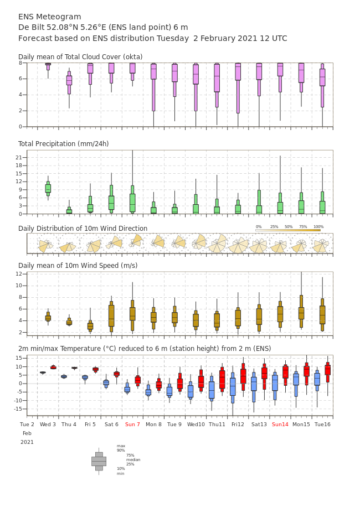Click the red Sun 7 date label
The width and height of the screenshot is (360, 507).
pyautogui.click(x=132, y=424)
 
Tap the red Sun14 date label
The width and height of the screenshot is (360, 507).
pyautogui.click(x=280, y=424)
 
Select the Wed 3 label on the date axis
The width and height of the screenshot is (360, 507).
pyautogui.click(x=48, y=424)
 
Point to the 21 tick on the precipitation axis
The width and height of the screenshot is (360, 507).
pyautogui.click(x=19, y=157)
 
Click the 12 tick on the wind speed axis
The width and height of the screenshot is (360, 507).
pyautogui.click(x=19, y=274)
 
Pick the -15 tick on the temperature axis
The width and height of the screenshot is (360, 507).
pyautogui.click(x=18, y=408)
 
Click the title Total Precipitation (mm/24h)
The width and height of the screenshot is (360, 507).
pyautogui.click(x=63, y=143)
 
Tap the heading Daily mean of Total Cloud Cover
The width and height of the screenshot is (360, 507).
pyautogui.click(x=80, y=57)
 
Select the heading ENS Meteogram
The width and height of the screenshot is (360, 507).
pyautogui.click(x=49, y=17)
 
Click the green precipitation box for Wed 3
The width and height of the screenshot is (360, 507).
pyautogui.click(x=48, y=189)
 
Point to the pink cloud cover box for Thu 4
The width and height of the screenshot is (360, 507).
pyautogui.click(x=69, y=80)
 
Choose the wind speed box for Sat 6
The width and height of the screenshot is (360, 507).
pyautogui.click(x=111, y=317)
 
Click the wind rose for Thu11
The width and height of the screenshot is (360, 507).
pyautogui.click(x=217, y=244)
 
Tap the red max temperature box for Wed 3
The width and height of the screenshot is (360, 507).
pyautogui.click(x=53, y=368)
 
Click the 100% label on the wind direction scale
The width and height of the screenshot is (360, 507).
pyautogui.click(x=318, y=227)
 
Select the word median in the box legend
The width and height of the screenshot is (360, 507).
pyautogui.click(x=133, y=459)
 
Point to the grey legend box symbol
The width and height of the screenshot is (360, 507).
pyautogui.click(x=99, y=462)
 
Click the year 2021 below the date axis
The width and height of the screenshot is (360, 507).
pyautogui.click(x=27, y=442)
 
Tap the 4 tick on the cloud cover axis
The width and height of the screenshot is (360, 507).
pyautogui.click(x=20, y=95)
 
